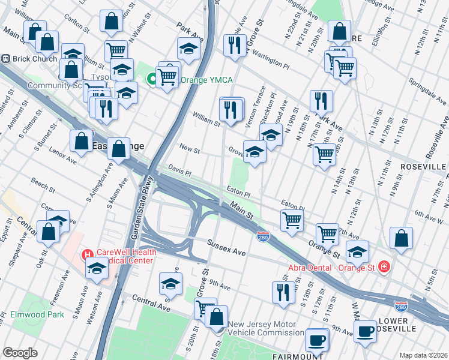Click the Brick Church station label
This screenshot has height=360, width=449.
pyautogui.click(x=34, y=59)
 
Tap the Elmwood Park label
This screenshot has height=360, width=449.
pyautogui.click(x=37, y=314)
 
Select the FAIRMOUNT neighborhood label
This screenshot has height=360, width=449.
pyautogui.click(x=298, y=356)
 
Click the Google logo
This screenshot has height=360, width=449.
pyautogui.click(x=20, y=353)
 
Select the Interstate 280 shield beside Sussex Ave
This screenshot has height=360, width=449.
pyautogui.click(x=262, y=237)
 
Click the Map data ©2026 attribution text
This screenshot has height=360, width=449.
pyautogui.click(x=424, y=355)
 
